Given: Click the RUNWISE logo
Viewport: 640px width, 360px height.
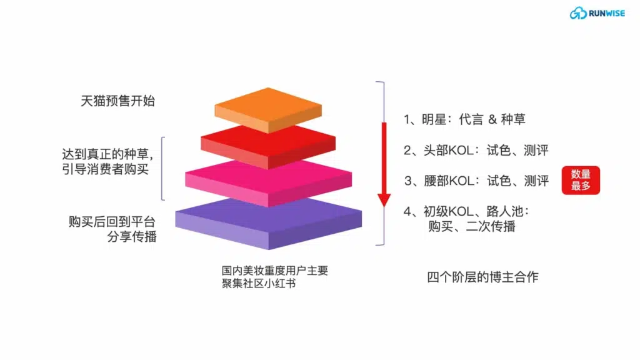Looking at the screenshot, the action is point(597,13).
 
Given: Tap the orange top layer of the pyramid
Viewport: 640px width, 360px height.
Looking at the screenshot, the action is point(268,109).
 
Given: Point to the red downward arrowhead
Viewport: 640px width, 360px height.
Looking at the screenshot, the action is point(384,199).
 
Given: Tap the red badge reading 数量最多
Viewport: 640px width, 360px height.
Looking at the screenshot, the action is point(581,180).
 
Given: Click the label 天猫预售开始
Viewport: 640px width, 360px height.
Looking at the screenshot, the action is point(117,101).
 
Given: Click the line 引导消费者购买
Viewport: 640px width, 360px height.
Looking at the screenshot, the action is point(105,169).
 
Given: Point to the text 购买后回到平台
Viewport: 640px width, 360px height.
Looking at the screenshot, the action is point(112,222).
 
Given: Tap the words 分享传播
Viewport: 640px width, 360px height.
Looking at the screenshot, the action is point(132,236).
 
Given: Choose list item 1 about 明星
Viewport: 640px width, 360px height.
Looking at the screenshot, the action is point(464,119).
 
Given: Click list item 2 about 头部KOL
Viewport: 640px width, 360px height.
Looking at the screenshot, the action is point(476,150).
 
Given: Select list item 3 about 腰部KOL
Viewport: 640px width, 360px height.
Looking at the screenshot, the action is point(476,181).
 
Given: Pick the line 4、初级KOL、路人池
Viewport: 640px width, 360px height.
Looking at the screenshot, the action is point(466,211).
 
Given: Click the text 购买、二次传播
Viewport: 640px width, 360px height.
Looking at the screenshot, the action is point(471,226).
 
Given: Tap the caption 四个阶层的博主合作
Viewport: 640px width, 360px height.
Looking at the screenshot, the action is point(482,277).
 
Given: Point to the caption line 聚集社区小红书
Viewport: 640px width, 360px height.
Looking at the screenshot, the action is point(259,283).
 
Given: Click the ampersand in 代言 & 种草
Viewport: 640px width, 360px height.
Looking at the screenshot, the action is point(492,119).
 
